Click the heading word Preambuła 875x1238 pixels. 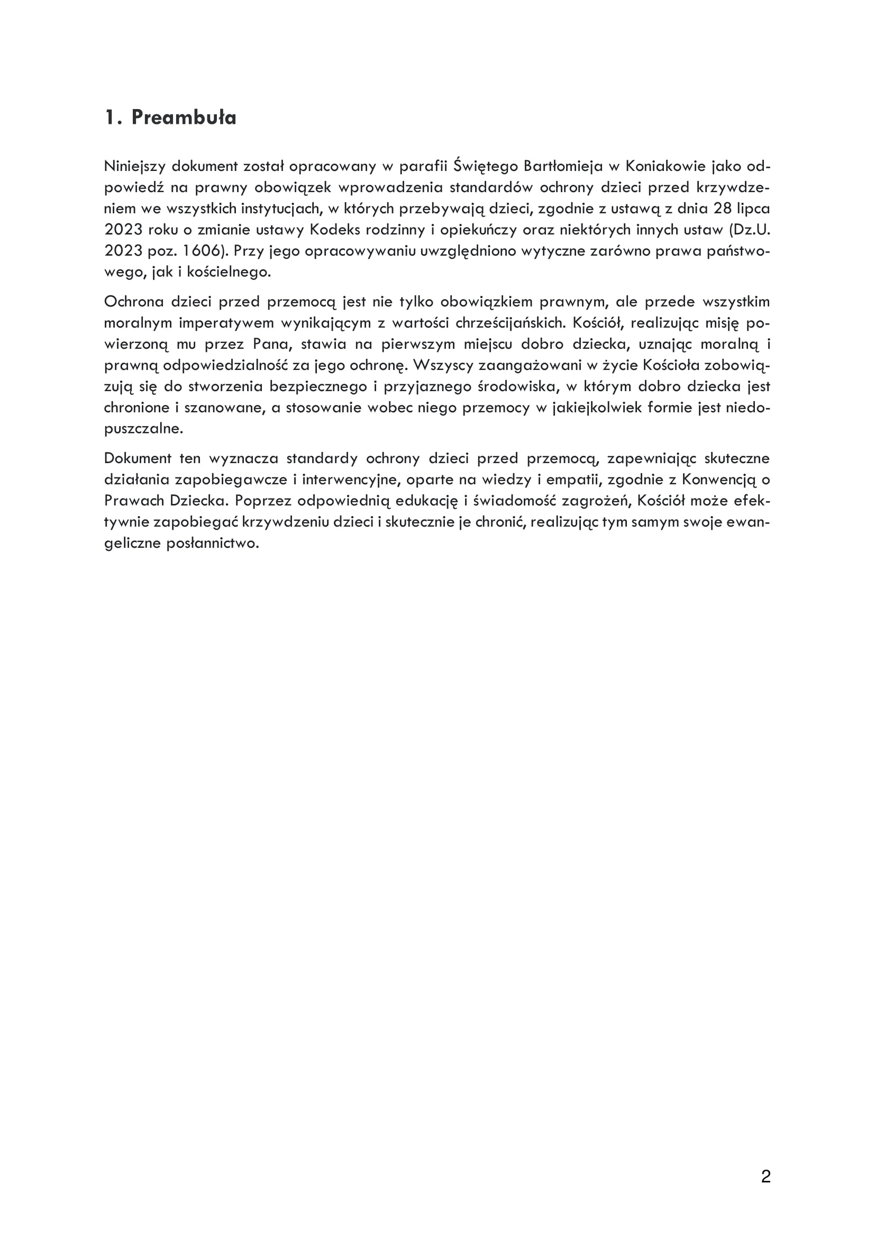184,118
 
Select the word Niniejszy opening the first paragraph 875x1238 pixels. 135,166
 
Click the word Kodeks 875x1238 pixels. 331,230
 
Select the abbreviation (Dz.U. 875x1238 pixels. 750,230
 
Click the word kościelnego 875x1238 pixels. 229,272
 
